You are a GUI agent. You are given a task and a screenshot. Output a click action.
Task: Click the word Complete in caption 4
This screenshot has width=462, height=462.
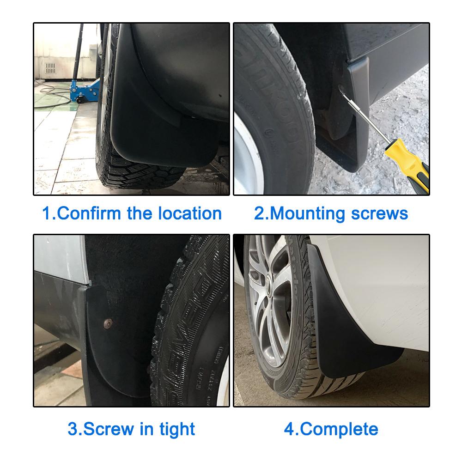[x=339, y=429]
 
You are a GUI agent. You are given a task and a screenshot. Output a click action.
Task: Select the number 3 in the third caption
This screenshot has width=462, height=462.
[x=72, y=429]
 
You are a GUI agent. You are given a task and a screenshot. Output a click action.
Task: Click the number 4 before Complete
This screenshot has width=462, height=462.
[x=289, y=429]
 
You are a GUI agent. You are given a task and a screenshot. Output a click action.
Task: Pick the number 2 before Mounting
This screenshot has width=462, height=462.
[x=259, y=213]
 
